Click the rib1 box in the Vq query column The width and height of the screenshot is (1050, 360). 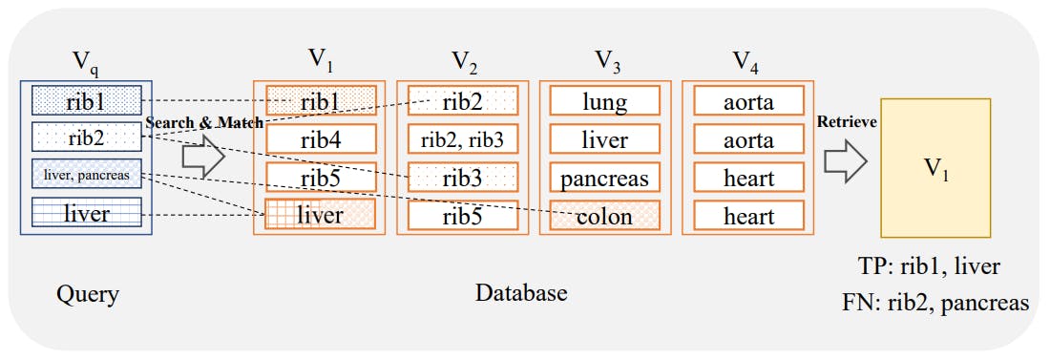coord(87,100)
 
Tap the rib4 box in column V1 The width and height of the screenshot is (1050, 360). coord(319,139)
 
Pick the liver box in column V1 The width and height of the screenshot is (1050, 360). coord(319,215)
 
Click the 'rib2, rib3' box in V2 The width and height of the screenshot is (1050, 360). coord(462,139)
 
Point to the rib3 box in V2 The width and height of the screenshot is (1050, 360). coord(462,178)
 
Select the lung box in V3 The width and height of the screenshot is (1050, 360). coord(605,101)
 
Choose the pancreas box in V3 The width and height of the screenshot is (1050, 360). coord(605,178)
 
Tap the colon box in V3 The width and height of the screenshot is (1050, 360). coord(605,216)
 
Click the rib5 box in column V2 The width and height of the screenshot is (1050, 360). coord(462,216)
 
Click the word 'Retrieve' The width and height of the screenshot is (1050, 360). coord(847,122)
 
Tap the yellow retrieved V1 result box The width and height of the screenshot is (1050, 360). coord(934,168)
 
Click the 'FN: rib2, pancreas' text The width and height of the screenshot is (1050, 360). coord(935,303)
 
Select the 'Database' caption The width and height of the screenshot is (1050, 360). coord(521,292)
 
